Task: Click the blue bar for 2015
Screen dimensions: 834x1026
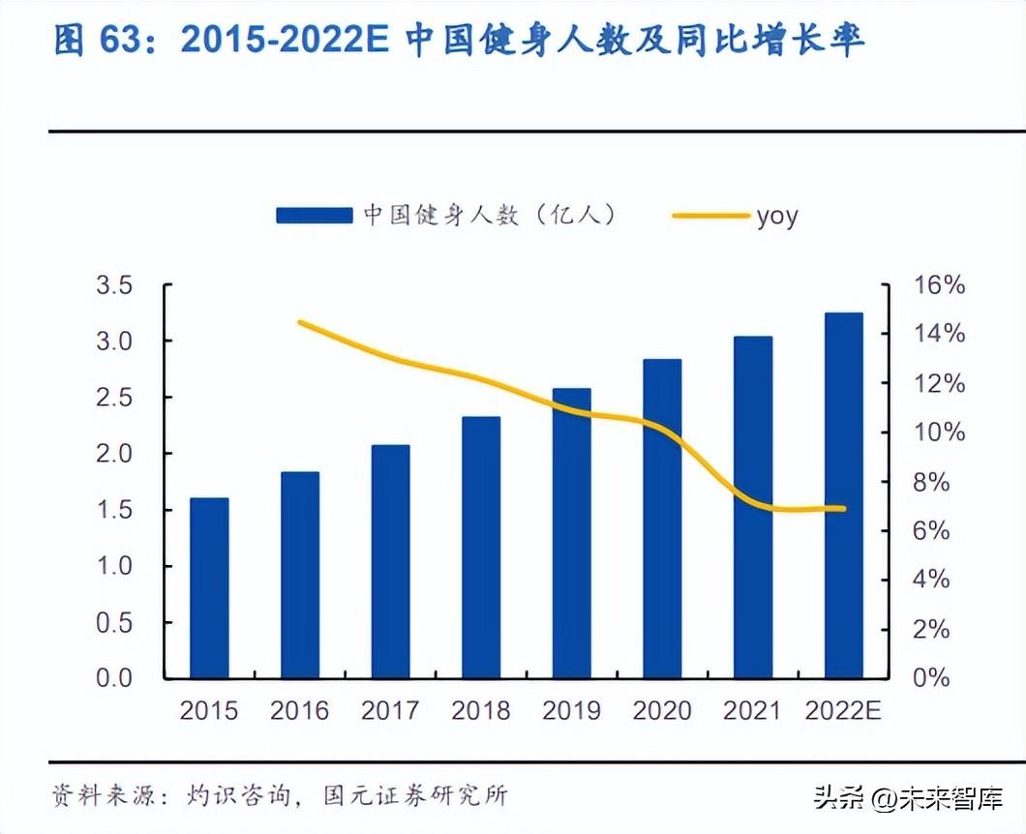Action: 209,588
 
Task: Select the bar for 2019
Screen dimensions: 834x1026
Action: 571,533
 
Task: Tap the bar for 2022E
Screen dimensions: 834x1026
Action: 843,495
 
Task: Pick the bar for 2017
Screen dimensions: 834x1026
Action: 390,561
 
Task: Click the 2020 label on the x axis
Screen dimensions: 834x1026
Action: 662,711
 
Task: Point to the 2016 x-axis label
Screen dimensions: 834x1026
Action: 300,711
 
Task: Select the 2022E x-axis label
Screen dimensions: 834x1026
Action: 843,711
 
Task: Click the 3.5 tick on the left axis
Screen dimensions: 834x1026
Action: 113,285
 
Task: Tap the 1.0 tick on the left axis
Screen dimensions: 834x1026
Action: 113,566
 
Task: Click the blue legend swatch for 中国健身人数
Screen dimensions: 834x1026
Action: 314,216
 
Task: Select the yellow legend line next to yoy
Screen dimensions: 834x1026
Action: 711,216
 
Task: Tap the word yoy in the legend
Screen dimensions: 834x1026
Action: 777,216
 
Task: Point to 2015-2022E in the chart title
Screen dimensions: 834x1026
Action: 287,41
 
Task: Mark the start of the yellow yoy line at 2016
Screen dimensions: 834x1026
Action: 300,322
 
